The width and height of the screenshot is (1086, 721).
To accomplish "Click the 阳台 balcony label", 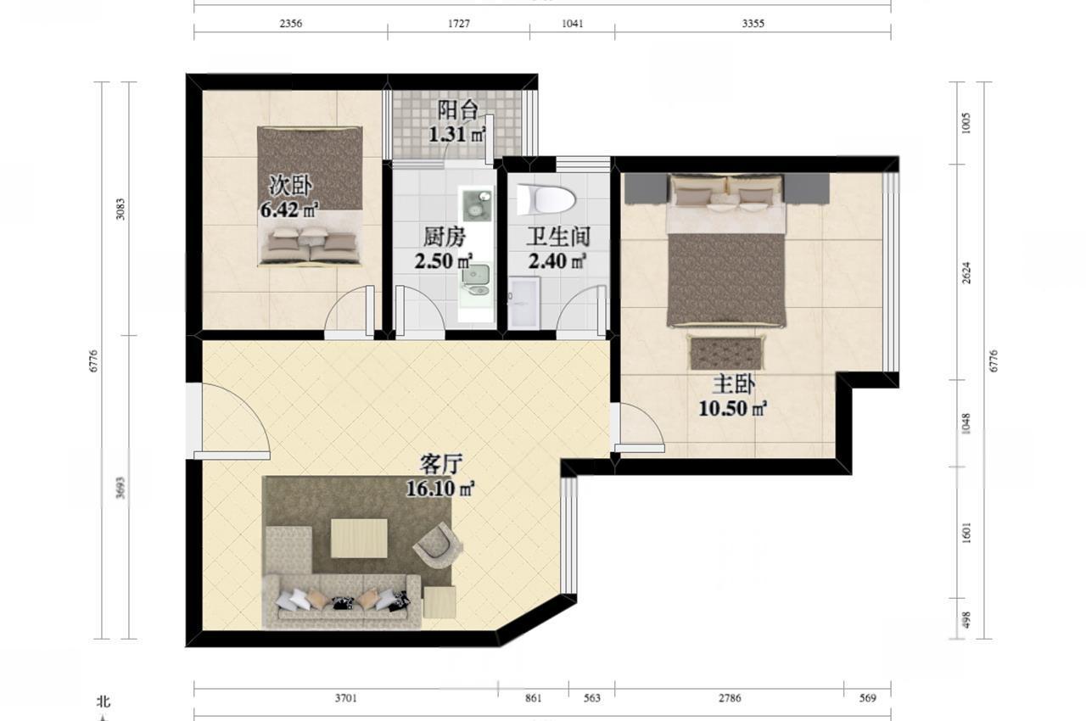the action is click(457, 110).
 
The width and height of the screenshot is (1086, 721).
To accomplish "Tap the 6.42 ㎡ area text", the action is click(289, 210).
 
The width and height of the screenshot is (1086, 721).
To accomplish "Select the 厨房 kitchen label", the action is click(444, 237).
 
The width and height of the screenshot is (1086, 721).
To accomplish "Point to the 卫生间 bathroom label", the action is click(558, 237).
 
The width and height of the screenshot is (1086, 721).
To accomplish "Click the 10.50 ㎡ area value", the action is click(732, 409).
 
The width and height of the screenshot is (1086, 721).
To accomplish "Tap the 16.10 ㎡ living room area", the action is click(440, 489).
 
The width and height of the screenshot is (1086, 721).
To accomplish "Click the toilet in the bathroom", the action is click(546, 199).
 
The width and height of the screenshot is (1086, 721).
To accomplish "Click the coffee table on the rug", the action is click(359, 539).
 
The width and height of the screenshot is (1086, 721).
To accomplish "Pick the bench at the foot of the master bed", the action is click(725, 353).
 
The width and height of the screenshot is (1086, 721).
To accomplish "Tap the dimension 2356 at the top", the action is click(291, 23).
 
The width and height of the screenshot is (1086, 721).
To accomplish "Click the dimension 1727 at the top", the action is click(459, 23).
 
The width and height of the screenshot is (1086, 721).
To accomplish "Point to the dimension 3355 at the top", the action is click(753, 23).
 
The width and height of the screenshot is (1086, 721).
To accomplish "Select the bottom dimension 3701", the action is click(346, 698).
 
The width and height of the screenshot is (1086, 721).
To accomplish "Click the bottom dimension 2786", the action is click(730, 698).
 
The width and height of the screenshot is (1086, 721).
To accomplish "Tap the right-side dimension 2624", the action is click(966, 273).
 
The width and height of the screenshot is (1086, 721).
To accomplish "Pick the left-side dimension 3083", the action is click(120, 209).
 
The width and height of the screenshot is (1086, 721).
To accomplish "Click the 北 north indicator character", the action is click(104, 701).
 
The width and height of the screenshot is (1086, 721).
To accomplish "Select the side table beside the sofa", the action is click(439, 601).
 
